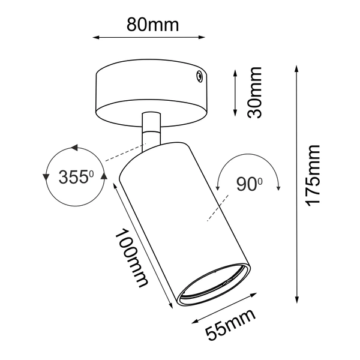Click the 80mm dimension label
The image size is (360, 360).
point(152,25)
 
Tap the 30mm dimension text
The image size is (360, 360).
point(254,92)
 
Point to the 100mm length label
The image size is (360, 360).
point(131,258)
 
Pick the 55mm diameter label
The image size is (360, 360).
point(230,325)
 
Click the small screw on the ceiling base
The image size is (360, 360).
point(199,76)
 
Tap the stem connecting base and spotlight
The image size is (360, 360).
point(151,131)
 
